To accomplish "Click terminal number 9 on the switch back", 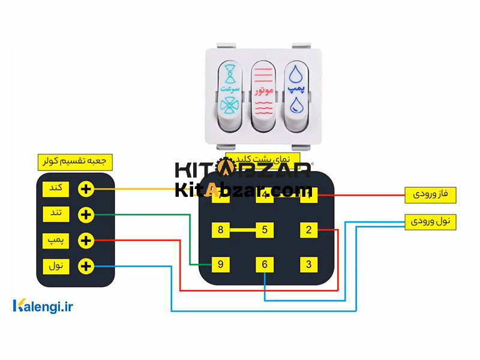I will click(x=221, y=263).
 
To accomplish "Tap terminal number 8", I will click(x=221, y=229).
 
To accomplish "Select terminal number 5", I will click(x=265, y=229).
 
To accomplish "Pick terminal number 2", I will click(x=308, y=229).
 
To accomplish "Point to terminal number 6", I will click(x=265, y=263).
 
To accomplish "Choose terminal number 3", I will click(x=308, y=263).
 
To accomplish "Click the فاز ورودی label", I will click(x=431, y=194).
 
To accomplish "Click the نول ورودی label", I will click(x=431, y=221).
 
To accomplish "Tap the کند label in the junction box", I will click(x=56, y=188).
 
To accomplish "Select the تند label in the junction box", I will click(x=56, y=214).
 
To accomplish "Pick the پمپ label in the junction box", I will click(x=56, y=240).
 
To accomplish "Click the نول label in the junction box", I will click(x=56, y=265).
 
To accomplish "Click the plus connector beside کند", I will click(x=86, y=189).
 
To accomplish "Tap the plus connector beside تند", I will click(x=86, y=214).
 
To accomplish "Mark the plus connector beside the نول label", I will click(x=86, y=266).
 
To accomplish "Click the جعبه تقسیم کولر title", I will click(x=75, y=162).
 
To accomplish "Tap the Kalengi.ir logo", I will click(x=43, y=307).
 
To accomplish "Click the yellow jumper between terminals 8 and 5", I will click(x=242, y=229).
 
